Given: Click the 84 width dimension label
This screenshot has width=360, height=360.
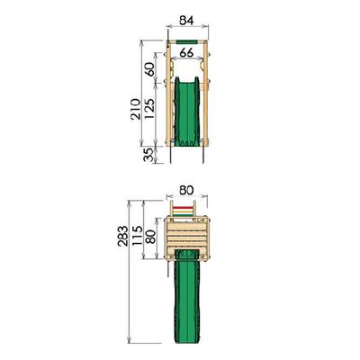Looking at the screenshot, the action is pyautogui.click(x=186, y=21).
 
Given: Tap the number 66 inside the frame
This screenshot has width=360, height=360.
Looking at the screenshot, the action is pyautogui.click(x=186, y=53).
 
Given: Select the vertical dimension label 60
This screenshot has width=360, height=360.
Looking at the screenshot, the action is pyautogui.click(x=150, y=69).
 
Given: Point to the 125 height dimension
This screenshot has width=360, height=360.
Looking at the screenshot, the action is pyautogui.click(x=149, y=108).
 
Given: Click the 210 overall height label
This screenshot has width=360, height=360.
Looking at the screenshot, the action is pyautogui.click(x=135, y=109).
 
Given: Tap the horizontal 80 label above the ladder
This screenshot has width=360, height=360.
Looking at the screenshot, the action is pyautogui.click(x=186, y=191).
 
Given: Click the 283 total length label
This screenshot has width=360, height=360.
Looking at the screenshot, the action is pyautogui.click(x=122, y=236).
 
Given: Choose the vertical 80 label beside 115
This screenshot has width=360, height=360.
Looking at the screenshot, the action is pyautogui.click(x=150, y=237).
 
